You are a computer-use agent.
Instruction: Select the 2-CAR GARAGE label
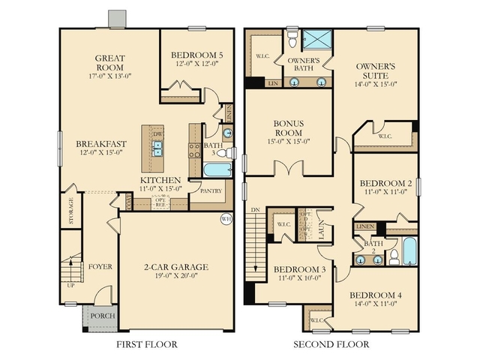click(176, 266)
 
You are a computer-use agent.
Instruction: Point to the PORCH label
click(103, 316)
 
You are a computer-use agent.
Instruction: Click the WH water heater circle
click(226, 219)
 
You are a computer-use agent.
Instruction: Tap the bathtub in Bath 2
click(409, 250)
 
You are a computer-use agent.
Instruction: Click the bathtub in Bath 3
click(217, 169)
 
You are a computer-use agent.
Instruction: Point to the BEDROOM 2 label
click(385, 183)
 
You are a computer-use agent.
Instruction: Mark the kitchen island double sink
click(158, 148)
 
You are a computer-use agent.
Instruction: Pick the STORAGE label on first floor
click(71, 211)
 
